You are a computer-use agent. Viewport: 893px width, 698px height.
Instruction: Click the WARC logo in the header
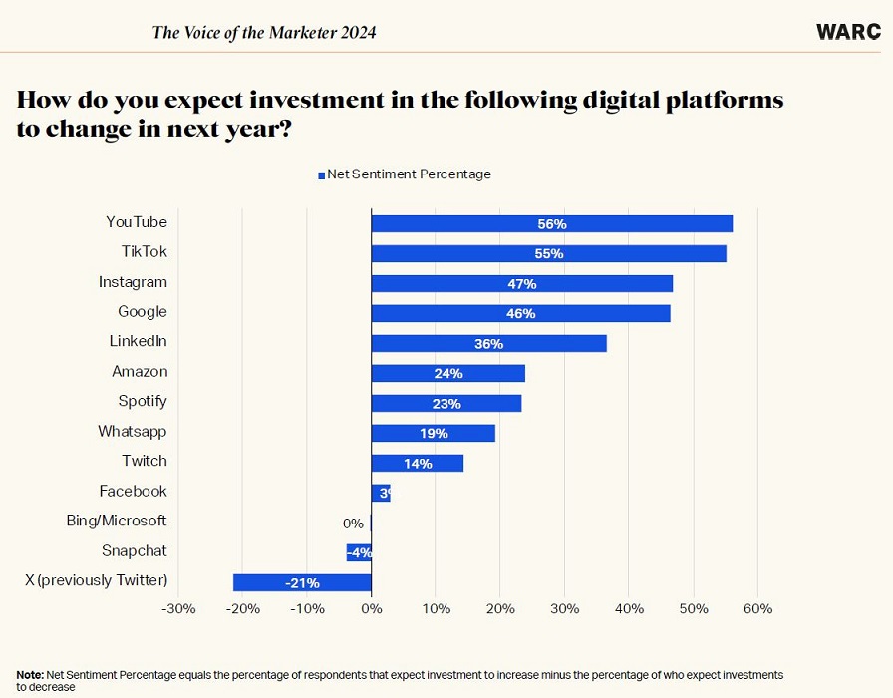[x=847, y=32]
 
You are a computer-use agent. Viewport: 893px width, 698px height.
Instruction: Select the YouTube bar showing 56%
[x=551, y=223]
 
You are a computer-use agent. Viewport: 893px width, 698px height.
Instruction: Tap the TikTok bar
[x=548, y=253]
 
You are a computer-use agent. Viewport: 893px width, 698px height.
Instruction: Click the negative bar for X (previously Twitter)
[x=302, y=582]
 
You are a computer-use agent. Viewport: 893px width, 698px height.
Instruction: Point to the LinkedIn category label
[x=138, y=341]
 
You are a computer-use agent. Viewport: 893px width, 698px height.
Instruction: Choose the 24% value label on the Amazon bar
[x=448, y=374]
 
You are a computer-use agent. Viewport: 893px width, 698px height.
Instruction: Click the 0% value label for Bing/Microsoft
[x=353, y=523]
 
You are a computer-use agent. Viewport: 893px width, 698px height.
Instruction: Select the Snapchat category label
[x=134, y=550]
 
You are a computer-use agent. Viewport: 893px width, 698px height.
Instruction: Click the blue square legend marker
[x=322, y=175]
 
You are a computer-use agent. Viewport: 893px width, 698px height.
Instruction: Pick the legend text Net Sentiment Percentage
[x=409, y=174]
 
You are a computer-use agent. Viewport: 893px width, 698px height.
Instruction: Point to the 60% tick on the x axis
[x=757, y=608]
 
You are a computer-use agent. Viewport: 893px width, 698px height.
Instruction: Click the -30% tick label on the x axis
[x=178, y=608]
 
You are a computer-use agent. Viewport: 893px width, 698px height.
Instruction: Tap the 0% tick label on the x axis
[x=371, y=608]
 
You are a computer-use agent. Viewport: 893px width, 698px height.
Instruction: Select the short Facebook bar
[x=380, y=493]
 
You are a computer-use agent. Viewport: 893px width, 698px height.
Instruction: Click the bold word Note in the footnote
[x=29, y=675]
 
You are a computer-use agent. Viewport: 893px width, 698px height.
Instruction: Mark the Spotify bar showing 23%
[x=446, y=403]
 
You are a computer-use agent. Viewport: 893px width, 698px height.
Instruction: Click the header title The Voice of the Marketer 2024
[x=264, y=32]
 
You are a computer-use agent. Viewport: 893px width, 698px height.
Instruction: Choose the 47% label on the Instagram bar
[x=521, y=284]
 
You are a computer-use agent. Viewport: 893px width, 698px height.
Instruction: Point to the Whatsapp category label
[x=132, y=431]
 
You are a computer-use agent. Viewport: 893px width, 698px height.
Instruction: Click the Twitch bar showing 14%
[x=417, y=463]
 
